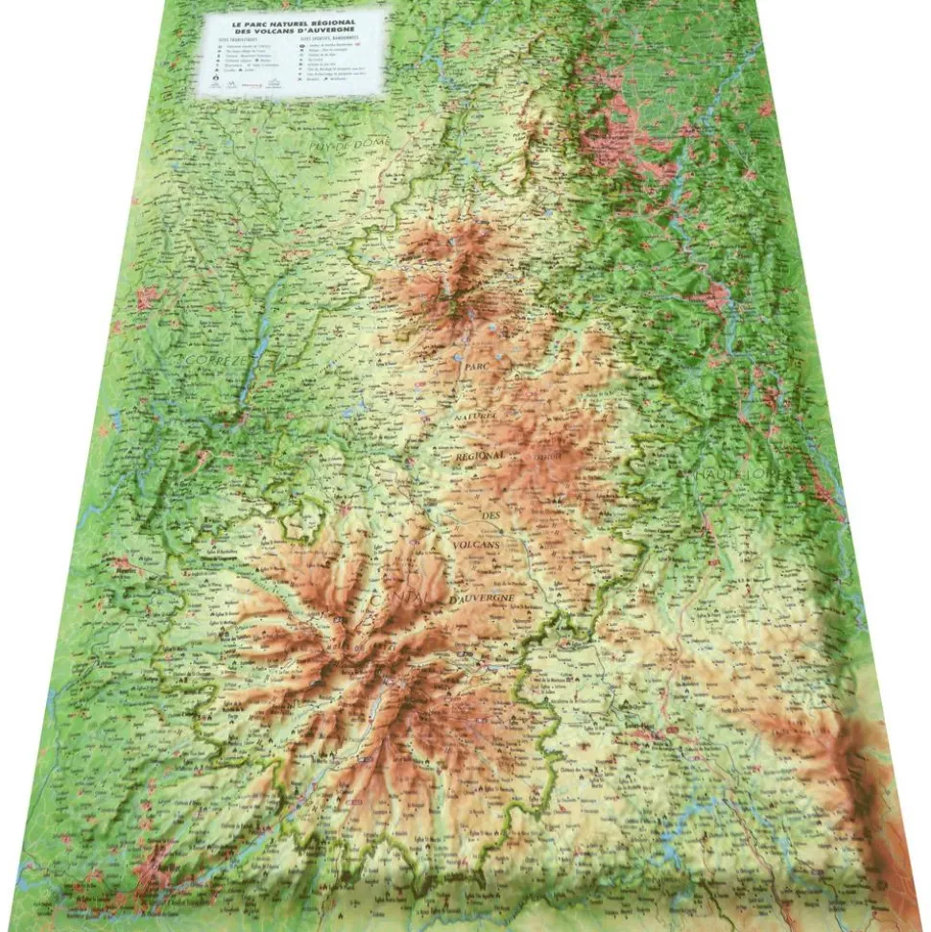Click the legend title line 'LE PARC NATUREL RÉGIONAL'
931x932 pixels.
(294, 20)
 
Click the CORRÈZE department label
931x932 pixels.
(211, 363)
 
